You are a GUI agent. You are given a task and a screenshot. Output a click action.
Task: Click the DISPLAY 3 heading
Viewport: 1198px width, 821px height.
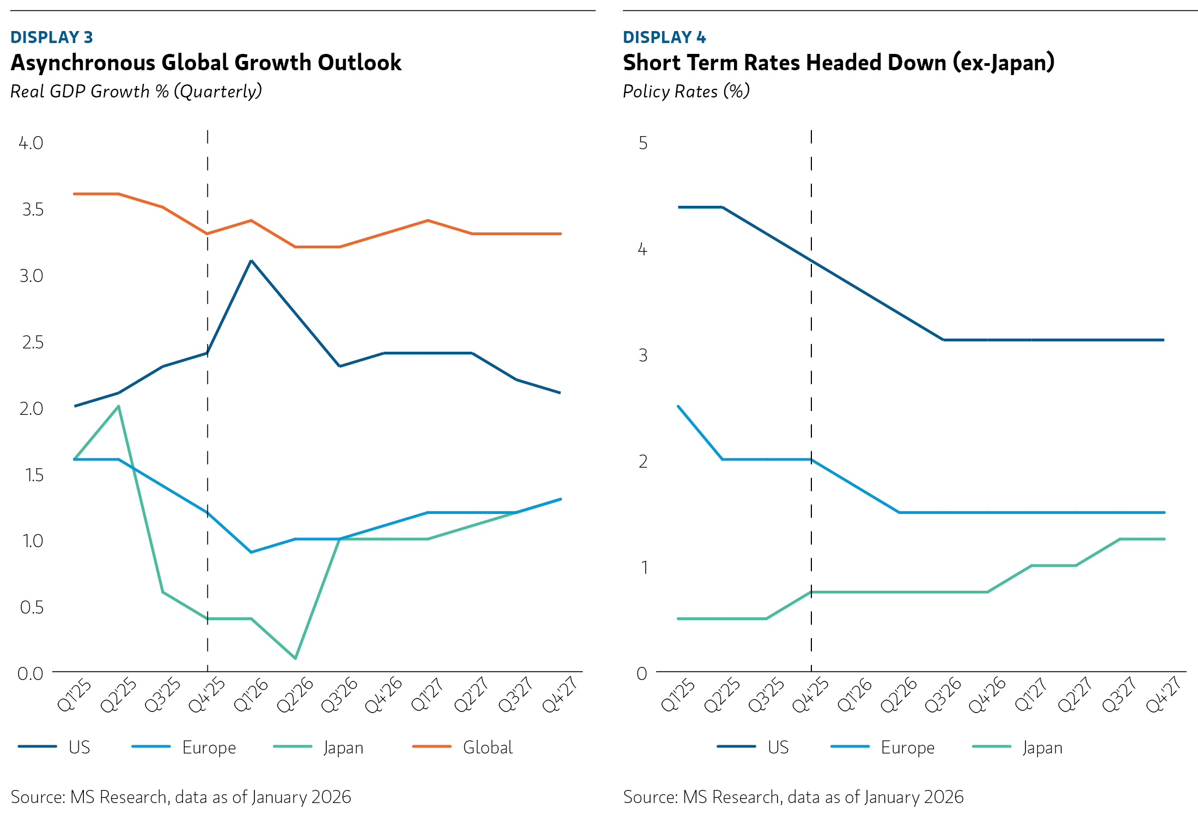click(52, 37)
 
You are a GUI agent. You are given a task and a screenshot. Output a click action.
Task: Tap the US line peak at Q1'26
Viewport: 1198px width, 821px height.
click(251, 261)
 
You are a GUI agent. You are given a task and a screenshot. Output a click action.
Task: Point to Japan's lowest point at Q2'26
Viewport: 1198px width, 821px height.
click(295, 658)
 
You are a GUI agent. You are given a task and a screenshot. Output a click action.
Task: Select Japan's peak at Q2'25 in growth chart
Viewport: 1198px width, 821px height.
click(119, 406)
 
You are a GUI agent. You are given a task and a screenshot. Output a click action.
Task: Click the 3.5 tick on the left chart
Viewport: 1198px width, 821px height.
click(32, 210)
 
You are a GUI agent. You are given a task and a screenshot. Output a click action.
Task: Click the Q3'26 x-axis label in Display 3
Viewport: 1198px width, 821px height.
click(339, 695)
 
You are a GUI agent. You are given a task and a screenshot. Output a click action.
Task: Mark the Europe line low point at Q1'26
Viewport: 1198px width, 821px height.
click(251, 552)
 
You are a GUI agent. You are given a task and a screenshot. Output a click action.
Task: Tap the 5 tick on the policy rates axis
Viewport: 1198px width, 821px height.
click(643, 143)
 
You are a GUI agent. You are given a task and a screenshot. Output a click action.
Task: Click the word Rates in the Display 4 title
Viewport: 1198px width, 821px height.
click(773, 63)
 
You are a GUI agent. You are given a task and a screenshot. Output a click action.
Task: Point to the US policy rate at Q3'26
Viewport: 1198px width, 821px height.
click(943, 340)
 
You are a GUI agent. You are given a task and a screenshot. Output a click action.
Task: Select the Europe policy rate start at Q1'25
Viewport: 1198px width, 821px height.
click(679, 406)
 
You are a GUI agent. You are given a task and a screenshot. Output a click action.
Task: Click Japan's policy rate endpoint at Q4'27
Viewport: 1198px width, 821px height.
click(1164, 539)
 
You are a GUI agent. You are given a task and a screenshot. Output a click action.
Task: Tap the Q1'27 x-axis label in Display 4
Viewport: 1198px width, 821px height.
click(1030, 695)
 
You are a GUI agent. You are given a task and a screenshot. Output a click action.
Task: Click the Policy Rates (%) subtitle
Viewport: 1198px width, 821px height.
click(686, 91)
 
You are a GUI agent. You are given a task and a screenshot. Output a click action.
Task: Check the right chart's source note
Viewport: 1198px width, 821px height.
click(793, 797)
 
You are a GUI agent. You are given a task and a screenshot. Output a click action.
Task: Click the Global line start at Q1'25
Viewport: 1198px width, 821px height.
click(75, 194)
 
